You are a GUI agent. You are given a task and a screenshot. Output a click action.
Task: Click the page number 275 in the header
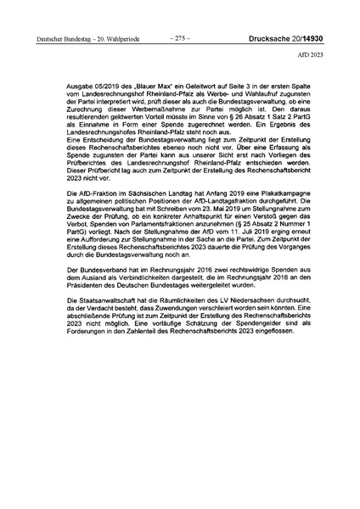click(x=179, y=37)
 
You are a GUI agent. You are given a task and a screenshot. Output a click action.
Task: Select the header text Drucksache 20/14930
click(x=293, y=38)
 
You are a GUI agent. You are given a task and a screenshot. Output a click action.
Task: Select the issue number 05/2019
click(x=104, y=87)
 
